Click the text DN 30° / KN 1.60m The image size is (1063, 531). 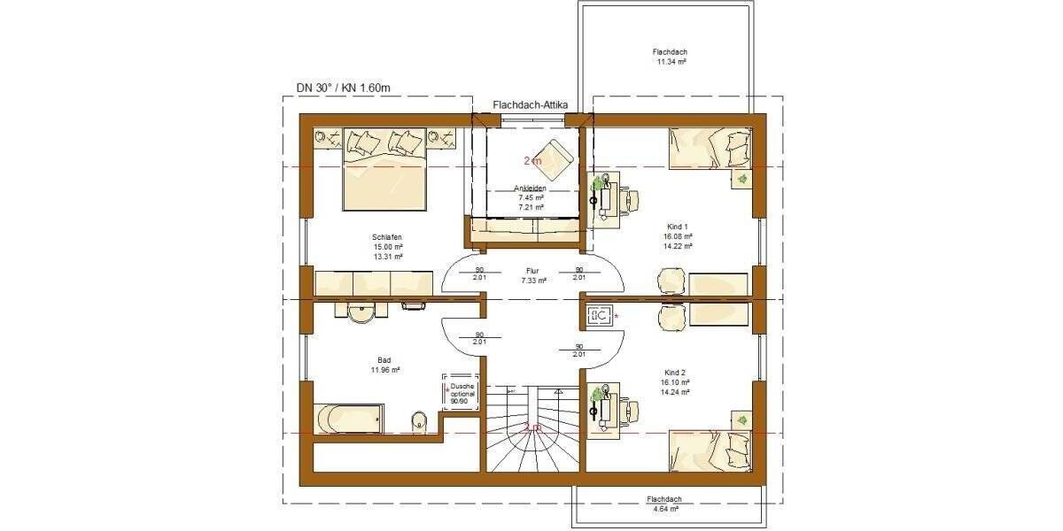click(x=343, y=88)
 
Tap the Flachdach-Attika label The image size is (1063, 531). click(x=530, y=105)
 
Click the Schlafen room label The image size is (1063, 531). click(x=388, y=237)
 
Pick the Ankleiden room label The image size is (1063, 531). click(x=530, y=189)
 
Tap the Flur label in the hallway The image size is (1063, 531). click(x=532, y=271)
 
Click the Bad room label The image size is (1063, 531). click(x=384, y=360)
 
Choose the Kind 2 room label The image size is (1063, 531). click(x=676, y=373)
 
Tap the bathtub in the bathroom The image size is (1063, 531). click(x=348, y=417)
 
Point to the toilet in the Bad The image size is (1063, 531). click(x=419, y=420)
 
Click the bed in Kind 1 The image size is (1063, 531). click(x=710, y=147)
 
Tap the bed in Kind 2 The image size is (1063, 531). click(x=710, y=450)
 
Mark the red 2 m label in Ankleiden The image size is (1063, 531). click(x=532, y=161)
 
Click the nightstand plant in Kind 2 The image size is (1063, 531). click(x=741, y=419)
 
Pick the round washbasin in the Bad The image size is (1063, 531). click(x=361, y=314)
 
